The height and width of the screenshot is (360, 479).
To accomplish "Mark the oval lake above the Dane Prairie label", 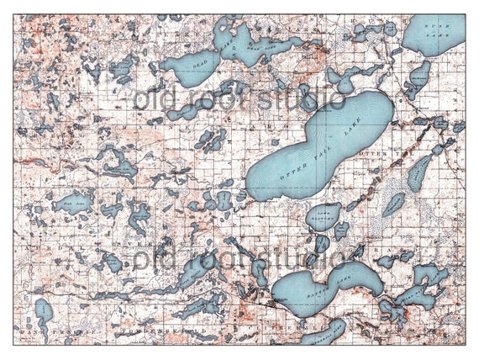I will [44, 311].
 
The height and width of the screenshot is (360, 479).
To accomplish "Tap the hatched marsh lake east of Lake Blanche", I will [393, 204].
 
